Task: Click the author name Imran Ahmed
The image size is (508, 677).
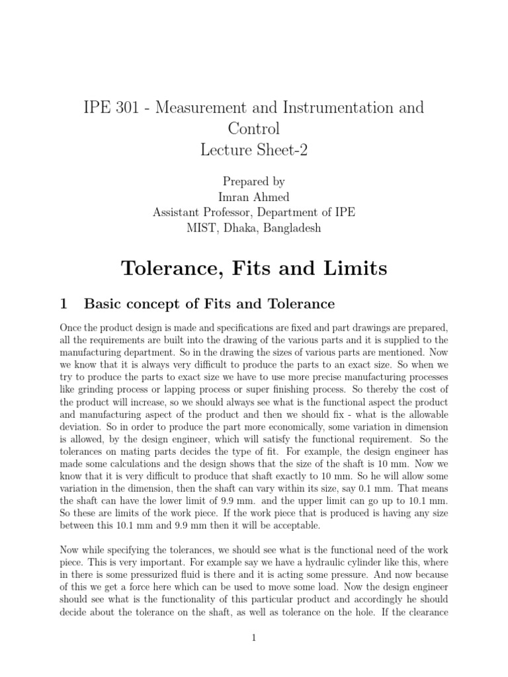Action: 254,196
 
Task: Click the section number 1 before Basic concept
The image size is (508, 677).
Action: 63,303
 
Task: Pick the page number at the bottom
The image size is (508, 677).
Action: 254,637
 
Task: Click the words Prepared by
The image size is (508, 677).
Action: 254,180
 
